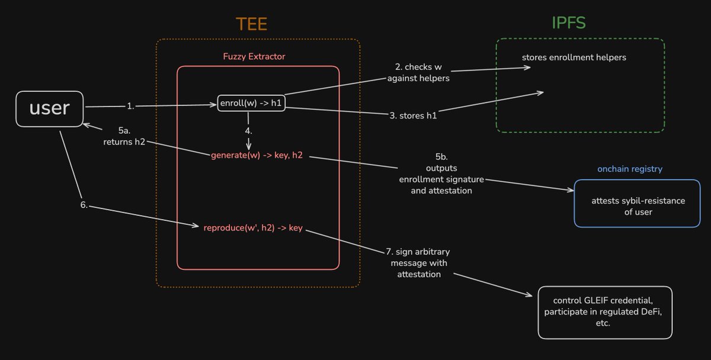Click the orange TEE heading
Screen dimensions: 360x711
pos(251,24)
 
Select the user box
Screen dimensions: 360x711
pos(50,108)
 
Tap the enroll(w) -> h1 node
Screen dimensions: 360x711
pos(252,103)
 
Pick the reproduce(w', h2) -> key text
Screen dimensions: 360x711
pos(253,228)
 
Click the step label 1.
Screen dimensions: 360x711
pos(130,107)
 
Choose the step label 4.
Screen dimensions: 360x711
pos(248,130)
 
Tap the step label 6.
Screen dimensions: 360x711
pos(84,205)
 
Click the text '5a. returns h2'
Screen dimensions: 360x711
pos(124,136)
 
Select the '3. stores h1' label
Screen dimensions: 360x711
pos(413,115)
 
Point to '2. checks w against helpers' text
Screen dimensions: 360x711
pos(418,72)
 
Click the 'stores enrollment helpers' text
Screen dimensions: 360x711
pos(574,57)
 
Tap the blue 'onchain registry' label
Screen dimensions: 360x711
pos(629,169)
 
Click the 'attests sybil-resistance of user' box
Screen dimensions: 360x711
pos(638,206)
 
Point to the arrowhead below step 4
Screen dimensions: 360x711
pos(248,146)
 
